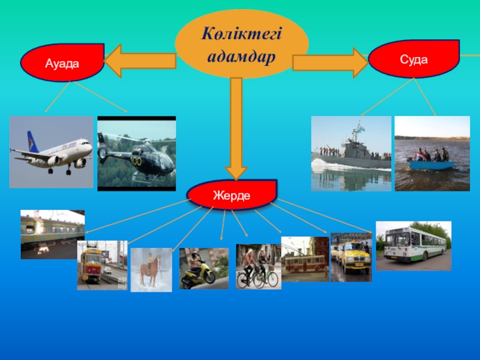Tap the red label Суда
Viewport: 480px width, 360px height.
click(413, 59)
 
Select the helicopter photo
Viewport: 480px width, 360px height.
click(137, 154)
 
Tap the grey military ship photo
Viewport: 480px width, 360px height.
click(351, 154)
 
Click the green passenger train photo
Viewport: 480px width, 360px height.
click(53, 234)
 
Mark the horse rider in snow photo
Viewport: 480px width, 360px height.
click(151, 270)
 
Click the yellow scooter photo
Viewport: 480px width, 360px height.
click(204, 269)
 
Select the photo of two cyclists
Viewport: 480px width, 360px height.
click(258, 266)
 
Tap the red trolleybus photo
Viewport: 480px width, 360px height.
click(305, 259)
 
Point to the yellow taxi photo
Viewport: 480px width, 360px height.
click(351, 257)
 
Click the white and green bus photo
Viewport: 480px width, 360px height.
click(413, 245)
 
